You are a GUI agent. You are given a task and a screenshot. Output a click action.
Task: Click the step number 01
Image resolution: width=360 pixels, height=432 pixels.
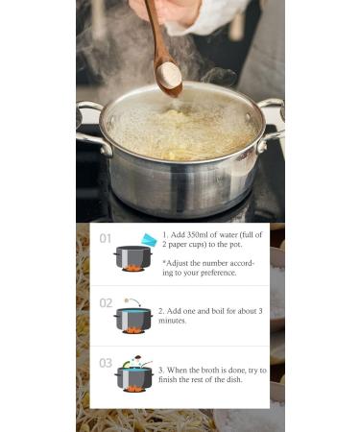(x=106, y=239)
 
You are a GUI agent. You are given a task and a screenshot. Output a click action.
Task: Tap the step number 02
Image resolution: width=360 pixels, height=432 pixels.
(x=106, y=303)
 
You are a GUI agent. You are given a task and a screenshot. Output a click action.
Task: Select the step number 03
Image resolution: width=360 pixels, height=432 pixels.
(x=106, y=363)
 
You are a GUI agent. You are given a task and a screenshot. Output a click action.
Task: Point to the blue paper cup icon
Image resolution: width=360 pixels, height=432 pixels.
(x=149, y=240)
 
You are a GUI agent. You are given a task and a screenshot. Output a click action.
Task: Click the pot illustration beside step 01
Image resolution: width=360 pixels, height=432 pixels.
(x=132, y=258)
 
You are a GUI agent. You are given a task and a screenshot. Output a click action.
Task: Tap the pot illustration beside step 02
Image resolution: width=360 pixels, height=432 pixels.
(x=132, y=321)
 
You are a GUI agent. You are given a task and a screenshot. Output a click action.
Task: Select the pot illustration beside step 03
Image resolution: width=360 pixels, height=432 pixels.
(x=133, y=377)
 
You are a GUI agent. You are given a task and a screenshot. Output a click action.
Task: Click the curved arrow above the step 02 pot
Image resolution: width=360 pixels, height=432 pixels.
(x=134, y=300)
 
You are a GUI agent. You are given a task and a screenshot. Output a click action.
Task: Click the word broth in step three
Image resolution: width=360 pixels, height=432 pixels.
(x=209, y=371)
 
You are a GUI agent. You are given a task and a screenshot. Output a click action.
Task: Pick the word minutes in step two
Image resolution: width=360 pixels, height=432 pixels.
(x=172, y=321)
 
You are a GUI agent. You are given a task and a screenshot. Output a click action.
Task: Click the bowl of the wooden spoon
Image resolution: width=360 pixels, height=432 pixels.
(x=168, y=78)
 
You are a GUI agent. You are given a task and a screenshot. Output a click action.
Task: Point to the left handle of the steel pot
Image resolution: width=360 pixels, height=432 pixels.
(x=92, y=128)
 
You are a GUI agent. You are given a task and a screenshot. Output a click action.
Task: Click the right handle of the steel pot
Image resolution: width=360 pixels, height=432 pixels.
(x=272, y=125)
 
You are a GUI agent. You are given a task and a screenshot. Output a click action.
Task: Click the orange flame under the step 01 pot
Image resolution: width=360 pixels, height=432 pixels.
(x=132, y=268)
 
